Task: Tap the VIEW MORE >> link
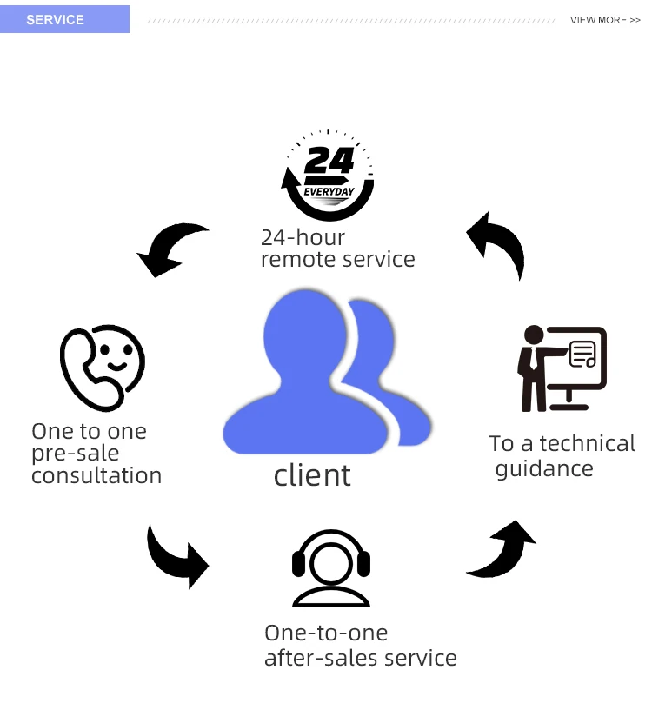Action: (x=605, y=20)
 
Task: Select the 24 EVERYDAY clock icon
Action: (x=328, y=175)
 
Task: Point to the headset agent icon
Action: (x=330, y=567)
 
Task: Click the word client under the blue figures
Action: (x=312, y=475)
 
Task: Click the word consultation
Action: (x=96, y=475)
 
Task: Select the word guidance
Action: (x=544, y=469)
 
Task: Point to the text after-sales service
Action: (x=360, y=658)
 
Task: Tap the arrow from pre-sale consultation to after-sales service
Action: (x=177, y=556)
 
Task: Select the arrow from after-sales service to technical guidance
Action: (x=503, y=549)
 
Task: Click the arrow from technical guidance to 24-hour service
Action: (x=497, y=243)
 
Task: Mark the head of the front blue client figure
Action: (x=306, y=335)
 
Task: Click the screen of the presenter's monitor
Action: (x=574, y=356)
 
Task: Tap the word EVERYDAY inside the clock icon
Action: (x=329, y=190)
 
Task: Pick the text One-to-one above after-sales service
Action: (x=326, y=633)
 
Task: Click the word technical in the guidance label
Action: (x=588, y=443)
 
